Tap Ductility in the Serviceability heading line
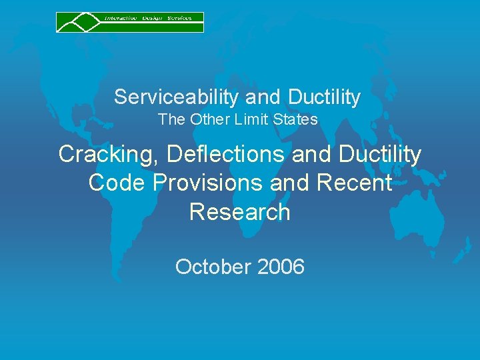click(325, 97)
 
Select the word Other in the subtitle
click(208, 120)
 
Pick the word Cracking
click(109, 155)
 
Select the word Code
click(114, 183)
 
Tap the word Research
click(240, 212)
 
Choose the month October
click(212, 267)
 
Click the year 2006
click(280, 267)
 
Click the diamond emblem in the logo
click(79, 22)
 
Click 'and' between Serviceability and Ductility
click(263, 97)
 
